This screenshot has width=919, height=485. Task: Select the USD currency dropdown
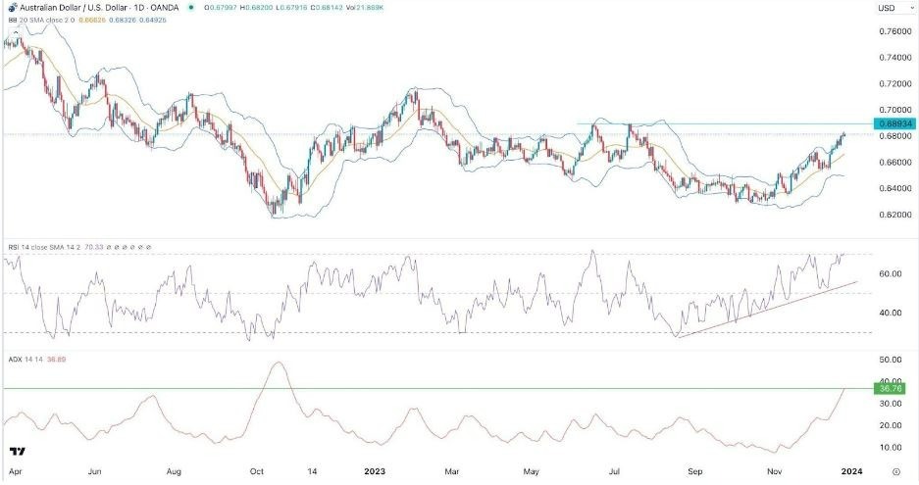coord(891,9)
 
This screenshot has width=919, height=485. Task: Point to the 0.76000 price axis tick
coord(892,31)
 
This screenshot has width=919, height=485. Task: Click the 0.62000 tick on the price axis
coord(892,215)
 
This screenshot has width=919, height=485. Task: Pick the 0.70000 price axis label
coord(892,110)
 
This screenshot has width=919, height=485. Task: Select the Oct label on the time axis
coord(257,470)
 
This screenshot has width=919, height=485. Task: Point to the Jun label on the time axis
coord(95,470)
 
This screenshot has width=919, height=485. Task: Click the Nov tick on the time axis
coord(774,470)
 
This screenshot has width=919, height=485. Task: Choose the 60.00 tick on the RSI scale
coord(890,274)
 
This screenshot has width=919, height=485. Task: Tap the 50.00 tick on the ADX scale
coord(890,362)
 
